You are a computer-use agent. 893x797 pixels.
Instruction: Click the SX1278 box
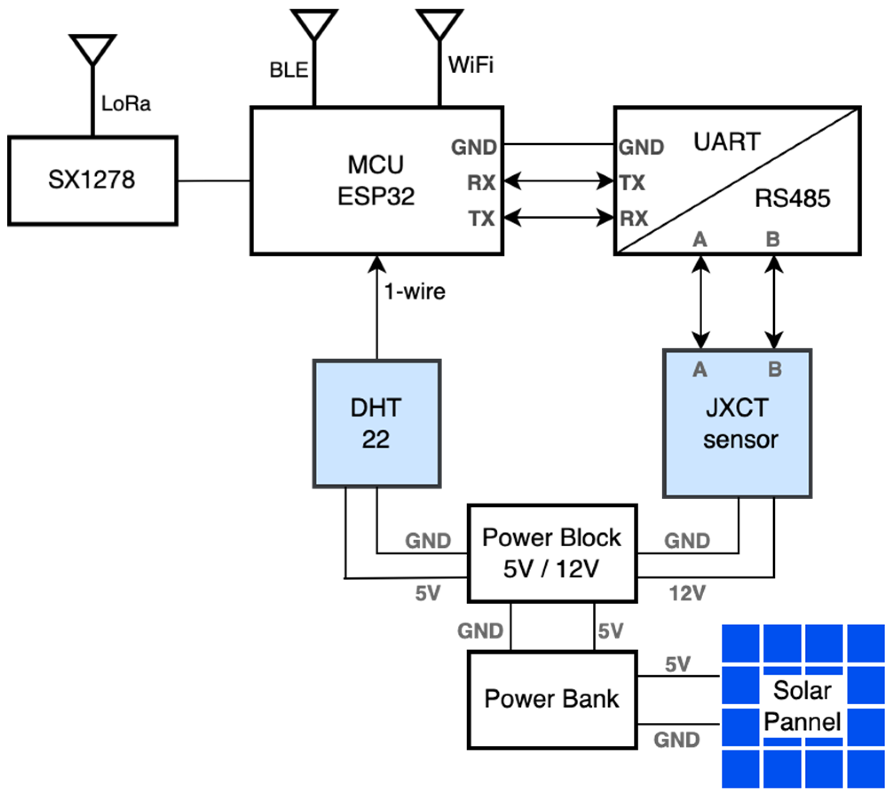pyautogui.click(x=92, y=180)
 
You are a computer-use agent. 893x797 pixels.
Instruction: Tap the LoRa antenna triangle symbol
pyautogui.click(x=93, y=48)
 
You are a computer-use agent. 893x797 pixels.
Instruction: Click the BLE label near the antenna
pyautogui.click(x=289, y=70)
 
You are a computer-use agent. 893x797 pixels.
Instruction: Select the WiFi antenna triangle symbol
pyautogui.click(x=440, y=23)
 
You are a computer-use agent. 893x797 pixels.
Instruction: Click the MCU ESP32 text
pyautogui.click(x=376, y=180)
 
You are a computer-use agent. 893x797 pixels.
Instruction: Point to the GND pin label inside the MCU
pyautogui.click(x=474, y=147)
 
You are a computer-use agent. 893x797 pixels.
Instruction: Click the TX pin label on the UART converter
pyautogui.click(x=632, y=183)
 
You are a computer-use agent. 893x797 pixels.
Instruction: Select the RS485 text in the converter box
pyautogui.click(x=792, y=198)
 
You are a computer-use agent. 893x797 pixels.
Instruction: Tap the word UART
pyautogui.click(x=727, y=142)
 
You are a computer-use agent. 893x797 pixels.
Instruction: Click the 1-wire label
pyautogui.click(x=415, y=292)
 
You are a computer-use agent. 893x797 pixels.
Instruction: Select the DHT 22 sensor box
pyautogui.click(x=377, y=423)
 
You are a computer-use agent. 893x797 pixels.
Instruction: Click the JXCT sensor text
pyautogui.click(x=740, y=423)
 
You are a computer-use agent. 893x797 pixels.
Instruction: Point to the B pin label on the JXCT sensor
pyautogui.click(x=775, y=369)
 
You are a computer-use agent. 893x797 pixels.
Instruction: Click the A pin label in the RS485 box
pyautogui.click(x=700, y=240)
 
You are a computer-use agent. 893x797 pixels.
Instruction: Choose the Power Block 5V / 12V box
pyautogui.click(x=552, y=553)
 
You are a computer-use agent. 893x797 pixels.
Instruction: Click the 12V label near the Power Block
pyautogui.click(x=687, y=593)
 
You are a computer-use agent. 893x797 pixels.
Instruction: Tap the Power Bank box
pyautogui.click(x=552, y=700)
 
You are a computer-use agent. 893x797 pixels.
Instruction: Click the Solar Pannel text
pyautogui.click(x=802, y=706)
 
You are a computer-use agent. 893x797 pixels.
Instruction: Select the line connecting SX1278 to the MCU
pyautogui.click(x=214, y=181)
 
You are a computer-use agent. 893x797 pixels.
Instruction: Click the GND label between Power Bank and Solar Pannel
pyautogui.click(x=677, y=740)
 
